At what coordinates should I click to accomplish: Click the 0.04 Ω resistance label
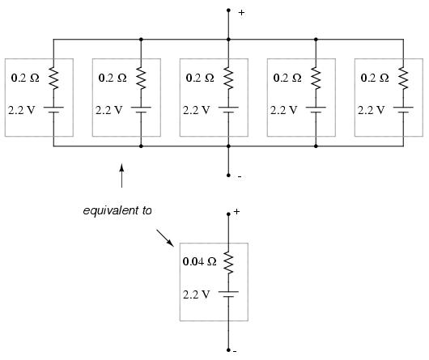[x=199, y=261]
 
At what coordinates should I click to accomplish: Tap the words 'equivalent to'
[x=117, y=210]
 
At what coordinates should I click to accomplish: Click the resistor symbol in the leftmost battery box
[x=53, y=78]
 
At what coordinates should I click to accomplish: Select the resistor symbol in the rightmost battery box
[x=403, y=78]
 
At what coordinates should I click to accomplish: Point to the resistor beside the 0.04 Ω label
[x=228, y=263]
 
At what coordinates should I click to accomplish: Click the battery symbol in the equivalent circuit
[x=228, y=294]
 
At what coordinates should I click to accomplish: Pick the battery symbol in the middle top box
[x=228, y=109]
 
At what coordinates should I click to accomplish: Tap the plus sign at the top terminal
[x=241, y=13]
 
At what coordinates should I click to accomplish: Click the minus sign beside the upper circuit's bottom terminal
[x=240, y=177]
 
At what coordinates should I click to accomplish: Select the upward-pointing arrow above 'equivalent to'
[x=121, y=176]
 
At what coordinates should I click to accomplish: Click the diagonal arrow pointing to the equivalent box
[x=165, y=238]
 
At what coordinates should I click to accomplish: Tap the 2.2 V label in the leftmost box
[x=22, y=110]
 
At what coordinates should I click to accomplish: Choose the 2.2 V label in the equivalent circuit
[x=197, y=294]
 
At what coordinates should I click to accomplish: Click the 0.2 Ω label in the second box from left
[x=113, y=78]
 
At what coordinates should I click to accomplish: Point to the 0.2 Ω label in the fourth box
[x=287, y=78]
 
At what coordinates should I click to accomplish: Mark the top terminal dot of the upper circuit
[x=228, y=11]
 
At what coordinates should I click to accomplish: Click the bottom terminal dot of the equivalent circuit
[x=228, y=349]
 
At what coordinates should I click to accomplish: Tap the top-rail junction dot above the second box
[x=141, y=40]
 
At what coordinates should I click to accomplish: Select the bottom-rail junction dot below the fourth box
[x=316, y=146]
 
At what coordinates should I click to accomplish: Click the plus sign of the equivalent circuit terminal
[x=236, y=212]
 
